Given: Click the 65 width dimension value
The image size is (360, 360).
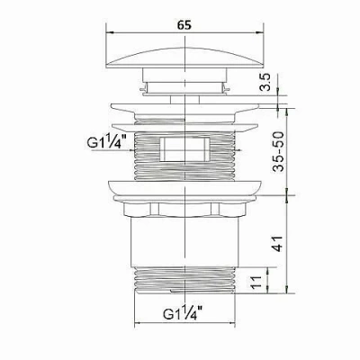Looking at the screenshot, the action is [x=184, y=25].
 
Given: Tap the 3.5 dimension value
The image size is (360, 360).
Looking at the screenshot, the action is [x=265, y=83].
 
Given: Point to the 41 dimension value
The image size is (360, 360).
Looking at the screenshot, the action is [x=278, y=244].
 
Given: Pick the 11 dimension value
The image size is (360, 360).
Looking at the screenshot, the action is [x=256, y=283].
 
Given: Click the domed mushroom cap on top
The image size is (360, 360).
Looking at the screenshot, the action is [x=184, y=58].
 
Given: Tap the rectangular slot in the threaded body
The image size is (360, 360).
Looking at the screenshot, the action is [x=184, y=149].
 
